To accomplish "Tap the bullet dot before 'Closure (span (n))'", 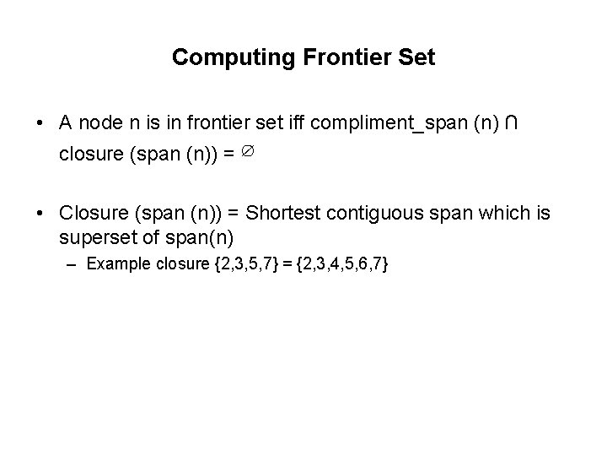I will click(x=40, y=214).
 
